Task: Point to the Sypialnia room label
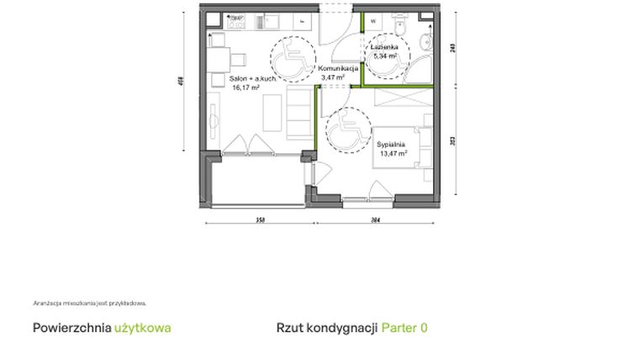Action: tap(392, 146)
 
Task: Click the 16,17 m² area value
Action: tap(246, 87)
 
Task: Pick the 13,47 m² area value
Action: tap(392, 154)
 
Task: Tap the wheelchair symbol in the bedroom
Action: tap(346, 130)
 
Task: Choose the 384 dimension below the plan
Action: tap(375, 220)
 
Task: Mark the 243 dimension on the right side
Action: tap(453, 48)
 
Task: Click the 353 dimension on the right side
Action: tap(453, 142)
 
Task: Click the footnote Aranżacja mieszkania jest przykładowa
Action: tap(90, 303)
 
